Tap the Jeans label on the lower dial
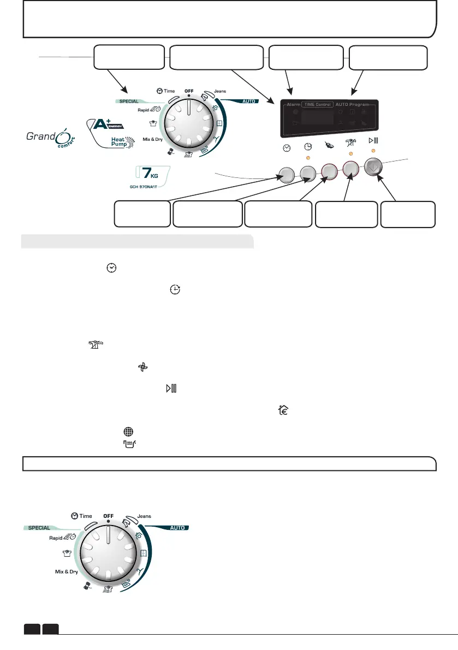coord(144,515)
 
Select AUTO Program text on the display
coord(352,104)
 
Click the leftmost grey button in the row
coord(286,175)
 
